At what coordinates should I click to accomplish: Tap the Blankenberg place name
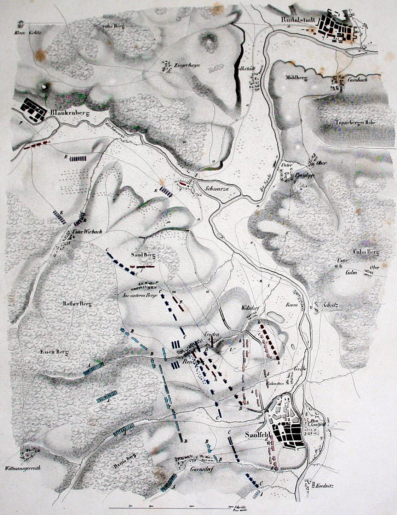(x=69, y=113)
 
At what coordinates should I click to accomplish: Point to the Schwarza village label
(x=217, y=189)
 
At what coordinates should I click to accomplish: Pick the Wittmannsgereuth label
(x=23, y=468)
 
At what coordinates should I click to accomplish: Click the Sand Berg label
(x=143, y=255)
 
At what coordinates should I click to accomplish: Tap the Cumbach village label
(x=357, y=80)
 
